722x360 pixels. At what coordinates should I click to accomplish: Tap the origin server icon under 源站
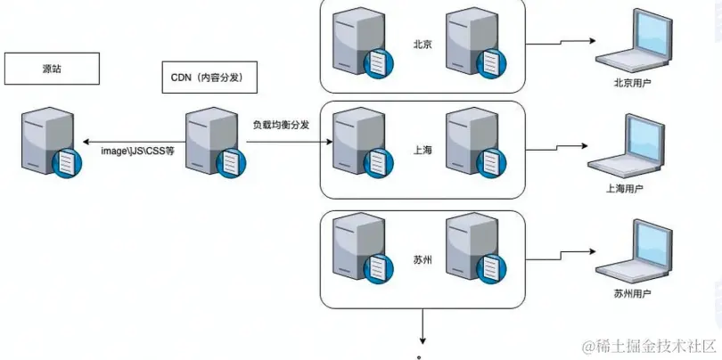[48, 143]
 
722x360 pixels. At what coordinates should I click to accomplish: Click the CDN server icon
[214, 143]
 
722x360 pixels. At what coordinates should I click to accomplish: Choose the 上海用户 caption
[624, 189]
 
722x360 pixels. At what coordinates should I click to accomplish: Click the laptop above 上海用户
[624, 148]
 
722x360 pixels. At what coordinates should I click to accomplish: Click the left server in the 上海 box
[353, 144]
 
